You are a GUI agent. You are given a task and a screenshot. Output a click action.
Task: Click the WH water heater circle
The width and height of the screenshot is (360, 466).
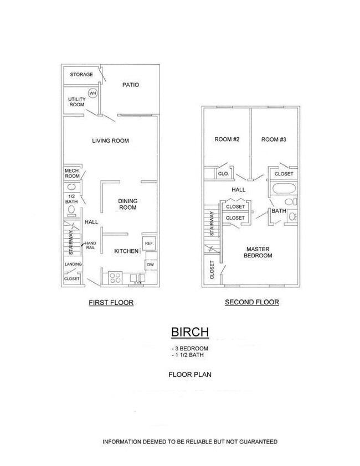(92, 94)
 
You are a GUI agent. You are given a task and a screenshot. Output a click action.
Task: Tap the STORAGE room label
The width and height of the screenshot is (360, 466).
(81, 74)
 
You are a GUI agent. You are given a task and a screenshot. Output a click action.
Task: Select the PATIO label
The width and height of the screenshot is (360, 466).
(131, 85)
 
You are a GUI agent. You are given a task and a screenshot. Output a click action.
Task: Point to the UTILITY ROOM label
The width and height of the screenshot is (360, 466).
(76, 102)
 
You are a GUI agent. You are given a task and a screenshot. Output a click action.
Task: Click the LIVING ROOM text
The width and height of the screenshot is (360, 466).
(110, 141)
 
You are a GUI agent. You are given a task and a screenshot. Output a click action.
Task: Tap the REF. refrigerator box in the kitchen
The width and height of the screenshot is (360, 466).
(148, 244)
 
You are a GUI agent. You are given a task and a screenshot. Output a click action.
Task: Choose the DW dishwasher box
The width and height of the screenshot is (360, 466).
(150, 265)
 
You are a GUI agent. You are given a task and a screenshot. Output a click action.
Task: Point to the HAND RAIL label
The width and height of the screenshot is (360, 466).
(90, 247)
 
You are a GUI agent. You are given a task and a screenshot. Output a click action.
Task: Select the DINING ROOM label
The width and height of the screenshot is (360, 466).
(128, 204)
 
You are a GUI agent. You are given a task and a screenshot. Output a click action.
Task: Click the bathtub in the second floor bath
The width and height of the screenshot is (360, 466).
(284, 189)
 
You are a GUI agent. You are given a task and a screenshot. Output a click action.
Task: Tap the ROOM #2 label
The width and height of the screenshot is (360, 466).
(227, 139)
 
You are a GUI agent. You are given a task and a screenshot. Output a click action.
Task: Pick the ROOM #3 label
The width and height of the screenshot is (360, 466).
(274, 139)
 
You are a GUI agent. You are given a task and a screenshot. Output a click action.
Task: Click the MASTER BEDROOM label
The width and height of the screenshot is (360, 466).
(259, 252)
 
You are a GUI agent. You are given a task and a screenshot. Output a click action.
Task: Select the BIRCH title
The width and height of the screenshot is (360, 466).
(189, 332)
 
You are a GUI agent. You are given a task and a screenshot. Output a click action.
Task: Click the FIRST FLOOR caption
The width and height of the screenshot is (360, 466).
(111, 303)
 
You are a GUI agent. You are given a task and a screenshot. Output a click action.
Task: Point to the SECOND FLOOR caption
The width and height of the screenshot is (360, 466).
(251, 302)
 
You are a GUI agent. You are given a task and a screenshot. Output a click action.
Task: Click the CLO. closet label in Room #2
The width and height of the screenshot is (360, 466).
(223, 174)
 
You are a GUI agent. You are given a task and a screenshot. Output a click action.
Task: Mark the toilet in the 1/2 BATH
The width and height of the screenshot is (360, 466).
(72, 210)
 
